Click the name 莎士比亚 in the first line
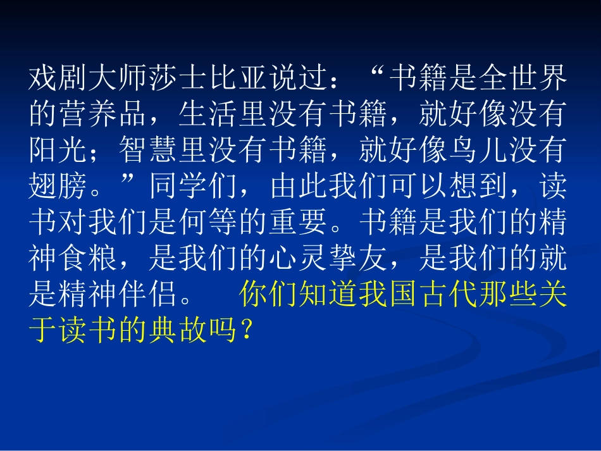click(208, 78)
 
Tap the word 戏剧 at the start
click(58, 78)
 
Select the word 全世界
click(523, 78)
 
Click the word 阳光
click(58, 150)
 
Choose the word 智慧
click(149, 150)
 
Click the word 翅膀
click(58, 186)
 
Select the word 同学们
click(194, 186)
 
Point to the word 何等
click(209, 222)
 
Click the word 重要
click(298, 222)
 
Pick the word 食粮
click(88, 258)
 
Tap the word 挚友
click(358, 258)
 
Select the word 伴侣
click(148, 294)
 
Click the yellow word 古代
click(448, 294)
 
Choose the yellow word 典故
click(178, 330)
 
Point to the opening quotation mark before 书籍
click(378, 71)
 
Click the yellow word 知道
click(328, 294)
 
